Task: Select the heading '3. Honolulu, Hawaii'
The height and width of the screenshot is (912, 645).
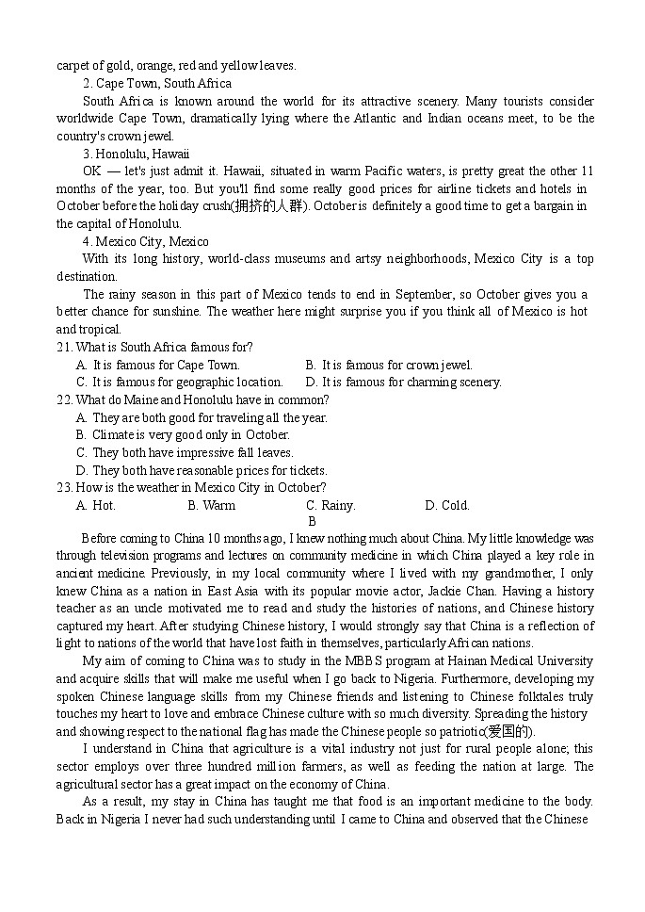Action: (x=136, y=154)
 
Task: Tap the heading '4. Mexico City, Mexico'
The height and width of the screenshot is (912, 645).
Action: (x=146, y=242)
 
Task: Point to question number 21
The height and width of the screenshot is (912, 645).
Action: (x=65, y=348)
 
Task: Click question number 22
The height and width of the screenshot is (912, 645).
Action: (x=65, y=400)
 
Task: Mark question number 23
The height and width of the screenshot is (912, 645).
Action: (x=65, y=488)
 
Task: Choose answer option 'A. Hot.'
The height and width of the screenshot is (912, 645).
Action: (x=96, y=506)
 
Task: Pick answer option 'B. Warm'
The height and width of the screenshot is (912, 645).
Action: (x=212, y=506)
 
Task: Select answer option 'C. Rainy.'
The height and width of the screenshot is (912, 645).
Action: (x=331, y=506)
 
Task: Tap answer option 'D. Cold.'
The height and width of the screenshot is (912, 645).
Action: (x=447, y=506)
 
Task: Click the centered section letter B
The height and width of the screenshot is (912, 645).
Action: (x=312, y=521)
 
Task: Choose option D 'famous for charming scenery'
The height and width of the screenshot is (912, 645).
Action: (x=403, y=383)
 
